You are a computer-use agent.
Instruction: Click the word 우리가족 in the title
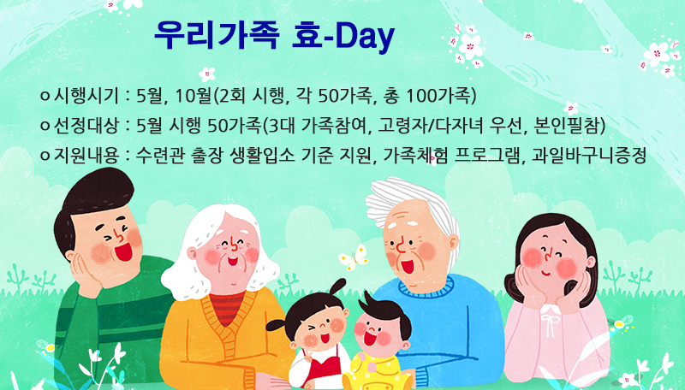pyautogui.click(x=217, y=35)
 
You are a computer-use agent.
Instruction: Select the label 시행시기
pyautogui.click(x=86, y=96)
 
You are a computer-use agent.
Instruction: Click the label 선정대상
pyautogui.click(x=86, y=126)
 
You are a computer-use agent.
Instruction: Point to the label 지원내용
pyautogui.click(x=86, y=156)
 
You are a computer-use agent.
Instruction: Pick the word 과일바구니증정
pyautogui.click(x=589, y=156)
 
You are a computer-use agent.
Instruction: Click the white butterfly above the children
pyautogui.click(x=354, y=257)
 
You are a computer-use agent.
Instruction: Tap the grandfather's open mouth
pyautogui.click(x=408, y=266)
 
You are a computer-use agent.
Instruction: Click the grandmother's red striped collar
pyautogui.click(x=227, y=308)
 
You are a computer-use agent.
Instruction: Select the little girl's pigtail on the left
pyautogui.click(x=276, y=326)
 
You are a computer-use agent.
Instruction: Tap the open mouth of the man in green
pyautogui.click(x=123, y=251)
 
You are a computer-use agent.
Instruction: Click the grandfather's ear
pyautogui.click(x=454, y=243)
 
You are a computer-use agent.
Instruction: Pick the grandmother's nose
pyautogui.click(x=233, y=246)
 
